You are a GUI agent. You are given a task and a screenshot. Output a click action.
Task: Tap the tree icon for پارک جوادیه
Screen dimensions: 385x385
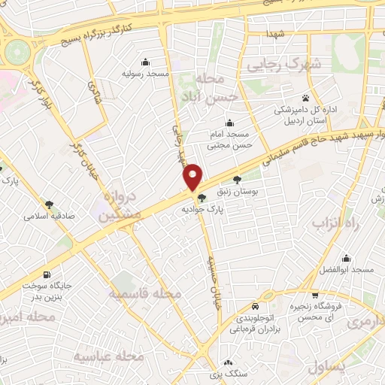point(201,199)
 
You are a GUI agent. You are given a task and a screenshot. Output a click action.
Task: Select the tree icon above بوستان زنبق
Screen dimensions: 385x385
point(238,180)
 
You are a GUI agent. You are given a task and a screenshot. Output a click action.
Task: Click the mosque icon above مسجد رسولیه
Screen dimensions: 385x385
point(145,62)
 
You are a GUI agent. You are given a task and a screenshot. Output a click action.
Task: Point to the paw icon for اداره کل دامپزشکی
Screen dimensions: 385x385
point(305,98)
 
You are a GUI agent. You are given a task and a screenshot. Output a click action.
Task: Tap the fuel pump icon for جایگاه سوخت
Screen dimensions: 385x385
point(48,274)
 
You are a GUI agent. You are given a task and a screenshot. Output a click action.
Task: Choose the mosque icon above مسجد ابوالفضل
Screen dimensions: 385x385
point(347,258)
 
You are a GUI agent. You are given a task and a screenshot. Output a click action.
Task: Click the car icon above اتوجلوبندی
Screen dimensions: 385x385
point(256,307)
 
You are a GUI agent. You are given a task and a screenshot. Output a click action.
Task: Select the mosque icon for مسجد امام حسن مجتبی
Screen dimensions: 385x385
point(230,123)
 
